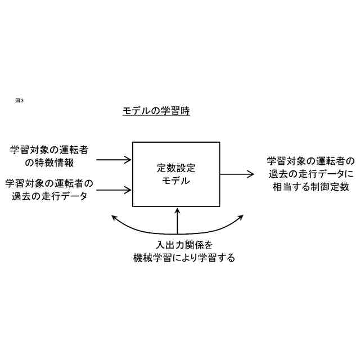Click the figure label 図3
(x=19, y=100)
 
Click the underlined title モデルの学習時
(x=156, y=111)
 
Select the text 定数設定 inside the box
(x=176, y=168)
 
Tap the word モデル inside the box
(x=176, y=181)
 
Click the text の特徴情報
(x=50, y=163)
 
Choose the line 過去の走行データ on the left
(x=49, y=196)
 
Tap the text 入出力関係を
(x=177, y=245)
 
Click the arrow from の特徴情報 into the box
(x=114, y=160)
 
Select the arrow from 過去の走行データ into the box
(x=114, y=190)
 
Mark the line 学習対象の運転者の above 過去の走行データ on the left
(x=49, y=183)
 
